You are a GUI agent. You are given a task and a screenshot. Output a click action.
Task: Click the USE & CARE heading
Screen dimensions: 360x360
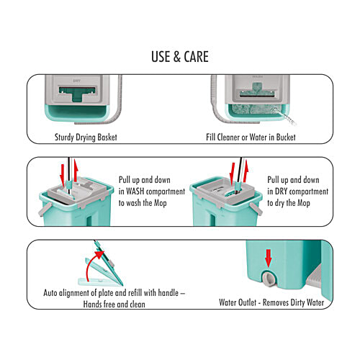click(180, 57)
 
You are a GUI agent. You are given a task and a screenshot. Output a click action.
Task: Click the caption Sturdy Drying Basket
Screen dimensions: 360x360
click(86, 138)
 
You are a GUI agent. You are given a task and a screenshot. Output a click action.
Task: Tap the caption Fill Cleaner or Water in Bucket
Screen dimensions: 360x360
click(251, 138)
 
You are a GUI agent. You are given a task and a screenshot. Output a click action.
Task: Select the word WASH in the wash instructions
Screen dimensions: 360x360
click(135, 192)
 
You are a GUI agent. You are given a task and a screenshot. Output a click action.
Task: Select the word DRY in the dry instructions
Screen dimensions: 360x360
click(281, 192)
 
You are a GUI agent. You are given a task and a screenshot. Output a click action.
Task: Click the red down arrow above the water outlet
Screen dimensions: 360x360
click(269, 258)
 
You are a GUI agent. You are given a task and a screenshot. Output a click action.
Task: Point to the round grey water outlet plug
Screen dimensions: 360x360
click(269, 278)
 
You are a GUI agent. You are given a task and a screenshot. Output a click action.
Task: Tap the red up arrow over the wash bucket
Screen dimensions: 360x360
click(76, 170)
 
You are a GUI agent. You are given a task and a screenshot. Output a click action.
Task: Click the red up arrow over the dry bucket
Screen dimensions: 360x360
click(246, 171)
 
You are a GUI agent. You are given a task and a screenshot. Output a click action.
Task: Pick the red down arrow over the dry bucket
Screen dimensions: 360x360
click(232, 174)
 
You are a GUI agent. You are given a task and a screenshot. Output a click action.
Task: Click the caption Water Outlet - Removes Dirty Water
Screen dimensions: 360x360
click(271, 302)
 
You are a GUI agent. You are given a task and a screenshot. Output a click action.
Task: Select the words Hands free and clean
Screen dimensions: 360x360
click(114, 305)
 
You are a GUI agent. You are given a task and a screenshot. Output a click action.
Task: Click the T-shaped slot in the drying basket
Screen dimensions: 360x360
click(77, 94)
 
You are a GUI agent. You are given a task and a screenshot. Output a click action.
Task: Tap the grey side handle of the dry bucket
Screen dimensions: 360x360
click(256, 209)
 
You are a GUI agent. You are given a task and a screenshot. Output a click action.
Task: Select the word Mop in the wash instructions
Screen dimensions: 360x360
click(160, 203)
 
